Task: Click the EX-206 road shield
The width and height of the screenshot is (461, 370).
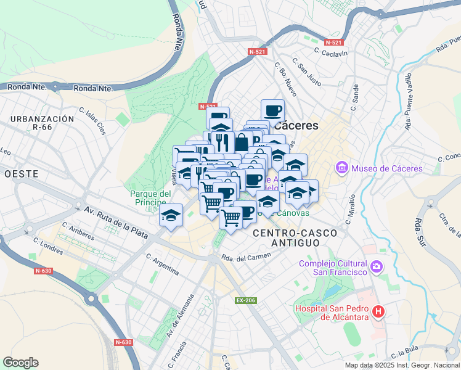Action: coord(244,301)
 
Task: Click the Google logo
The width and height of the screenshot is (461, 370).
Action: coord(20,363)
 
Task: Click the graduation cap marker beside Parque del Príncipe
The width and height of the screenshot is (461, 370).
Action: coord(171,215)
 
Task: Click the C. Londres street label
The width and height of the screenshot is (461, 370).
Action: coord(48,247)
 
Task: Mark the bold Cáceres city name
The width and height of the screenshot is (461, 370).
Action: coord(295,125)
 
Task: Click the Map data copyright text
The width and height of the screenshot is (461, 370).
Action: coord(402,365)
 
